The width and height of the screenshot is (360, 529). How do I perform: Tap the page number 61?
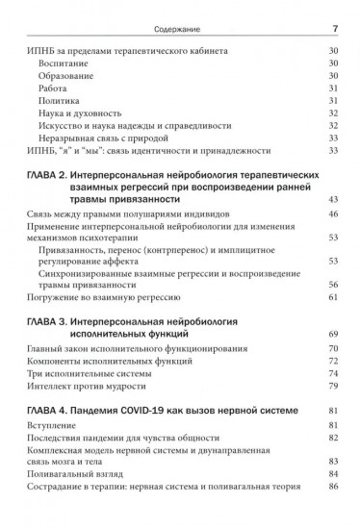333,297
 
